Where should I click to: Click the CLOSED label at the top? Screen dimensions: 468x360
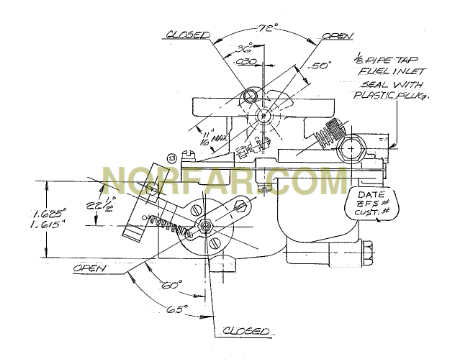188,32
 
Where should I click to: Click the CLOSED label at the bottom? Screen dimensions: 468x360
244,329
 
